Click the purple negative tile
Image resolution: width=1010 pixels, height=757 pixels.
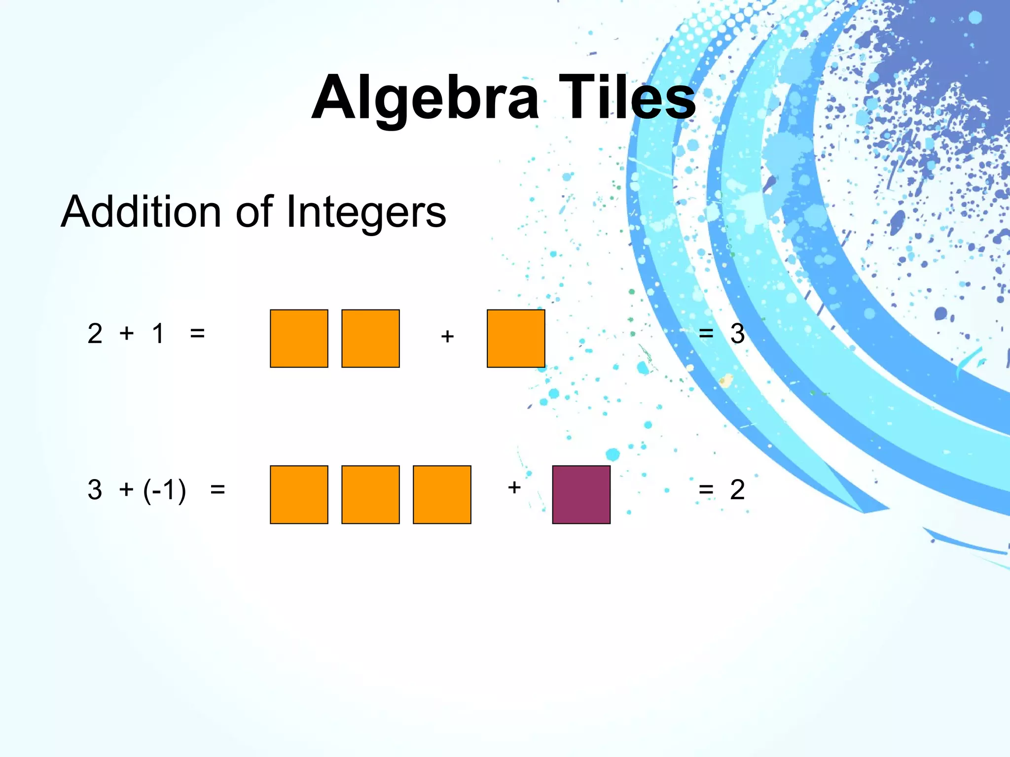pos(581,494)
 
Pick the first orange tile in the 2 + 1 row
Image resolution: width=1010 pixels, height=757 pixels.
pos(299,339)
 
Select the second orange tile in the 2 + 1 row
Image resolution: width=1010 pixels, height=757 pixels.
pos(370,339)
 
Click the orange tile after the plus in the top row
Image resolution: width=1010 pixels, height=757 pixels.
pos(516,339)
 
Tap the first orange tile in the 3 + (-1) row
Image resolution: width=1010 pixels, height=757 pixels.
pos(299,494)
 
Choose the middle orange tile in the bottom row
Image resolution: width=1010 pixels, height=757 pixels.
pos(370,494)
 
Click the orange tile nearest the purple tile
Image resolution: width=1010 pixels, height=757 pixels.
pos(442,494)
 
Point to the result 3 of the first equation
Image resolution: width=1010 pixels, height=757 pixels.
pos(737,334)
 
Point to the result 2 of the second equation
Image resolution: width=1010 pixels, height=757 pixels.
pos(737,489)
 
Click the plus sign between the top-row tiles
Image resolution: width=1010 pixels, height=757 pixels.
pos(447,336)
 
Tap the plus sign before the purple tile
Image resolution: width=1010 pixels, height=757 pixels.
pos(514,487)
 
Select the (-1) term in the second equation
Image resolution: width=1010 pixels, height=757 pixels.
pos(165,490)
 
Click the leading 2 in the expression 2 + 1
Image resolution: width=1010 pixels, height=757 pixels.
pos(95,334)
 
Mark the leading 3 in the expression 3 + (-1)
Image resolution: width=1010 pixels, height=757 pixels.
pos(95,489)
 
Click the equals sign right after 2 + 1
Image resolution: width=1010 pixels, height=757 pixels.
pos(197,334)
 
